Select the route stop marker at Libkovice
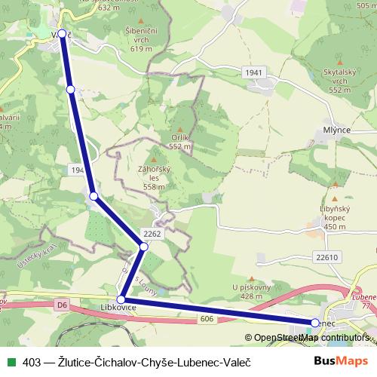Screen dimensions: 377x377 click(121, 300)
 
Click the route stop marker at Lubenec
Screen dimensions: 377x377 click(314, 323)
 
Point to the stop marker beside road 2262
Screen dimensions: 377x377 click(143, 246)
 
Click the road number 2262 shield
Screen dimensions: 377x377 click(151, 234)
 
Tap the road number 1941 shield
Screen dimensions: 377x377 click(253, 72)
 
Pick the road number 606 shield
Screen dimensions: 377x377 click(207, 320)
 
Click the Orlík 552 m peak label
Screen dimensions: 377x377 click(180, 142)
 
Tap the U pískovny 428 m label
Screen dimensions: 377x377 click(252, 292)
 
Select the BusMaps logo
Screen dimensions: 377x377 click(341, 362)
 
